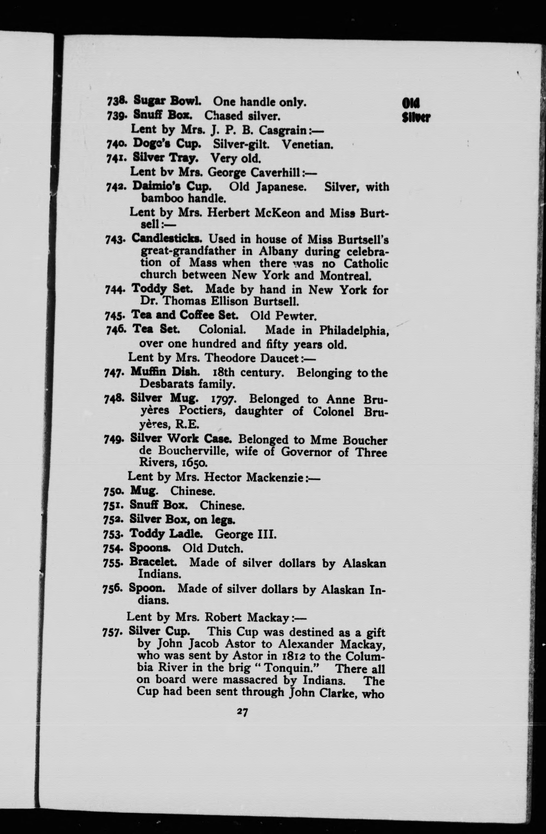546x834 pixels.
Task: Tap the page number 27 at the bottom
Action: click(x=242, y=712)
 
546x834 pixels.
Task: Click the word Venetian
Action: click(x=307, y=144)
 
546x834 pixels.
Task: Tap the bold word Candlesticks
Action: click(x=167, y=239)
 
